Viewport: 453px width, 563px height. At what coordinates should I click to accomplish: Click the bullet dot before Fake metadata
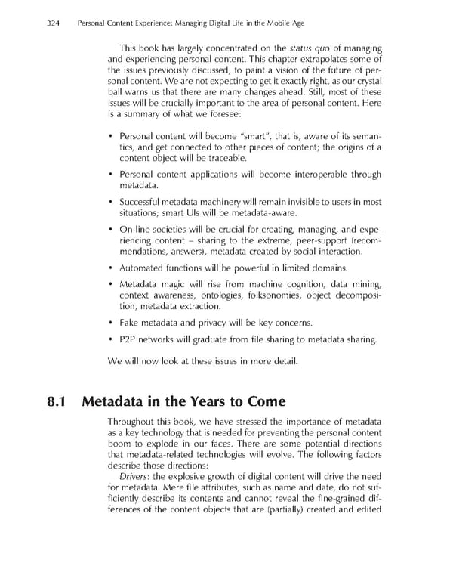[x=111, y=322]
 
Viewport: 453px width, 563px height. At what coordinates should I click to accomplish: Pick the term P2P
[x=129, y=339]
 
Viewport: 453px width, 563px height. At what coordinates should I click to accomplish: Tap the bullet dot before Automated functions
[x=111, y=268]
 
